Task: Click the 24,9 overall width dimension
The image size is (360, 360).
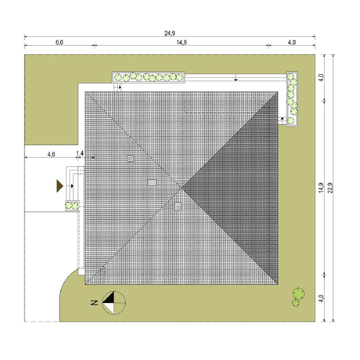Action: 170,33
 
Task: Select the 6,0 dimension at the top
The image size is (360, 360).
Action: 59,42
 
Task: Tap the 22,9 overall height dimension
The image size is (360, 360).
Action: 330,188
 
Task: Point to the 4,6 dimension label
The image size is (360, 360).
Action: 51,154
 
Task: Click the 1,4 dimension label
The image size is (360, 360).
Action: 80,153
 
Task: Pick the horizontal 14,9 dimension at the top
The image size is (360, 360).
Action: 181,42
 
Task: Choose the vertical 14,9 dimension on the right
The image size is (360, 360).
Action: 321,188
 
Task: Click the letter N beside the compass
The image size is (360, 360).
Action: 94,303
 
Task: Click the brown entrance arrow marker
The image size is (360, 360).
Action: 60,186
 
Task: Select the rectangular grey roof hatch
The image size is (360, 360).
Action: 152,183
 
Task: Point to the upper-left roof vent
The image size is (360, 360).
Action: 131,158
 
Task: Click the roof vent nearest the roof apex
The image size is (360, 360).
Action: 178,207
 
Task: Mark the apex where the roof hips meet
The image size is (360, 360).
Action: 182,188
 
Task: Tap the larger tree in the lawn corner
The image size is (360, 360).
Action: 298,294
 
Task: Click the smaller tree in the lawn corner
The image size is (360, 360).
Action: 296,303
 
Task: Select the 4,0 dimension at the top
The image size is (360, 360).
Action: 292,42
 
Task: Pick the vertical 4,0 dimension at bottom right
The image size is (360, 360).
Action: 321,298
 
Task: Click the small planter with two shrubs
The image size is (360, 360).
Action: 72,206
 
